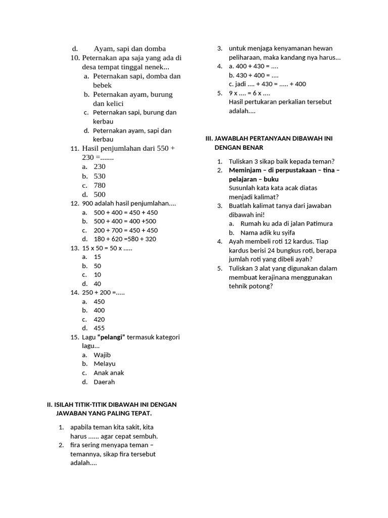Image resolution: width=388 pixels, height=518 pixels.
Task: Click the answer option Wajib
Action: point(102,355)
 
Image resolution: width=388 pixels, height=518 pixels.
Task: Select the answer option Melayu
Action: point(104,364)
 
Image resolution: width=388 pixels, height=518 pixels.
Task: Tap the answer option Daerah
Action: point(104,382)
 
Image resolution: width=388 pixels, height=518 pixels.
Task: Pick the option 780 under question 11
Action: point(100,185)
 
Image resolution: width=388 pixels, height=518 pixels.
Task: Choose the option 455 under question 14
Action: point(100,328)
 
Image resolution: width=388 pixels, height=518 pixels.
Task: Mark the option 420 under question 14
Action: point(100,319)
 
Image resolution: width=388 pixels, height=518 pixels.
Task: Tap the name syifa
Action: point(287,233)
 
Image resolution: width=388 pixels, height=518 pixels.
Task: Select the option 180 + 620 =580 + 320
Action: point(125,239)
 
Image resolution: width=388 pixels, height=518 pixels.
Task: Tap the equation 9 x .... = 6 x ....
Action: point(249,93)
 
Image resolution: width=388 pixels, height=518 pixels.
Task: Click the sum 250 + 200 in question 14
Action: point(96,292)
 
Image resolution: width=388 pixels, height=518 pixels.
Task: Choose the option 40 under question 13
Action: point(97,284)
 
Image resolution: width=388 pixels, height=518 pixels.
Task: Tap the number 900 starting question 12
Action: point(87,203)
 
